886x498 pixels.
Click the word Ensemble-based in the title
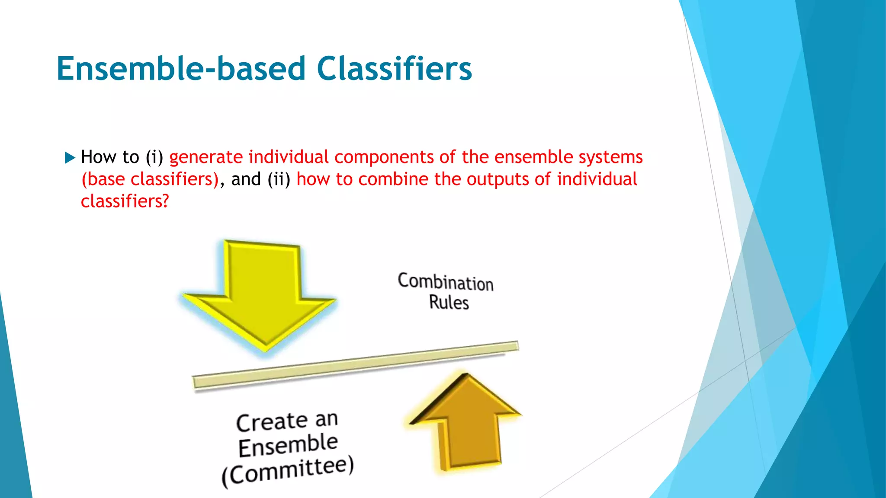pyautogui.click(x=181, y=69)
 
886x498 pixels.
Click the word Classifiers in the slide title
pyautogui.click(x=394, y=69)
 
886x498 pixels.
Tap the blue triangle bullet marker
pyautogui.click(x=70, y=157)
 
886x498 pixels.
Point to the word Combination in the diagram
pyautogui.click(x=446, y=282)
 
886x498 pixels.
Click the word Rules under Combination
pyautogui.click(x=449, y=302)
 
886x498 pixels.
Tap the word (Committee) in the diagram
pyautogui.click(x=288, y=472)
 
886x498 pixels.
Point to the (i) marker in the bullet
pyautogui.click(x=154, y=157)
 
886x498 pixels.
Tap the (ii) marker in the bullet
pyautogui.click(x=279, y=179)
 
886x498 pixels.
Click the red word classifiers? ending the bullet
pyautogui.click(x=125, y=201)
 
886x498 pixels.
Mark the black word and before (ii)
pyautogui.click(x=246, y=179)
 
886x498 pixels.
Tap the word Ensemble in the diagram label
pyautogui.click(x=288, y=446)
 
